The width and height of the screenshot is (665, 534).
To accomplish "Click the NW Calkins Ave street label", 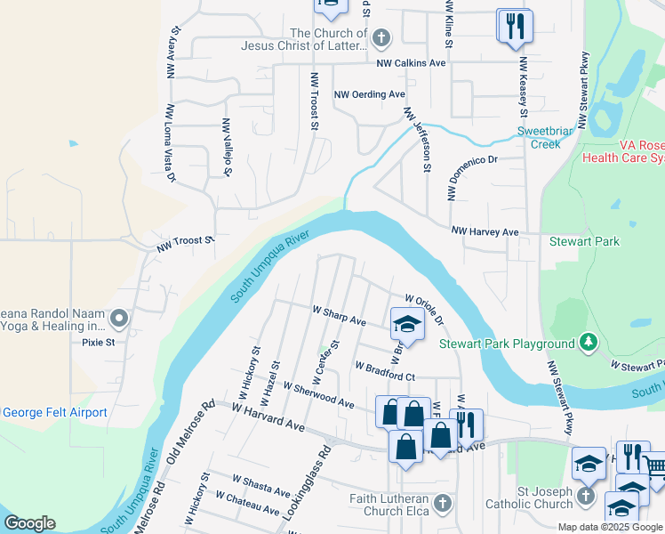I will [x=411, y=63].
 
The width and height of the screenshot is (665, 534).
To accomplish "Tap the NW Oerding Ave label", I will [x=369, y=93].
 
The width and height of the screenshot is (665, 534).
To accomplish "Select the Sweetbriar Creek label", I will [x=540, y=137].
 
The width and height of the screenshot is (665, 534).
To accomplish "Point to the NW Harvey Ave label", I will [x=485, y=231].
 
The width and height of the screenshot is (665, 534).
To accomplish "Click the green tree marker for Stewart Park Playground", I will [x=587, y=342].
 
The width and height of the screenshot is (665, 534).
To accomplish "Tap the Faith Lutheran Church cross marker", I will [x=443, y=504].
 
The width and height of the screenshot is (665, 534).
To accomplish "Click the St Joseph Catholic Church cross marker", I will [x=586, y=495].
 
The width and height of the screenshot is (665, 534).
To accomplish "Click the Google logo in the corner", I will [x=29, y=522].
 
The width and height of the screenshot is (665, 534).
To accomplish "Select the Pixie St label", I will [x=98, y=342].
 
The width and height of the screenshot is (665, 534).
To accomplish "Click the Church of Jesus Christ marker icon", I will [x=381, y=37].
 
